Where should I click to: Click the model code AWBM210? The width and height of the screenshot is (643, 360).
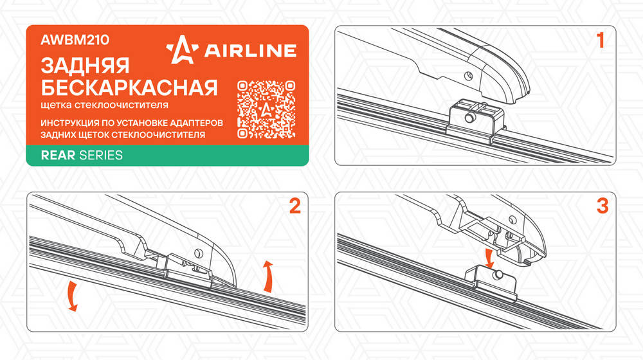pos(75,40)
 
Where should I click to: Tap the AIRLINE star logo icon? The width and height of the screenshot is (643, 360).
pos(183,50)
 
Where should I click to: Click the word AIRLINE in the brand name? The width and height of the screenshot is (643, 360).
pos(250,50)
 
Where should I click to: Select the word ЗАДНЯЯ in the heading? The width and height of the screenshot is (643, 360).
pos(85,66)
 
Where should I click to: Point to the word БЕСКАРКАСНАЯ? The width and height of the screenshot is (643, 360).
pos(129,87)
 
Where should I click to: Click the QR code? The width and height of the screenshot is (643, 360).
pos(266,109)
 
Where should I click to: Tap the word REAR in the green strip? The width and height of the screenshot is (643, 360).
pos(58,155)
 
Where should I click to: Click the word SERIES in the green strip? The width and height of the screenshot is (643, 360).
pos(101,155)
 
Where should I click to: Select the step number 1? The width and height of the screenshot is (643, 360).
pos(601,40)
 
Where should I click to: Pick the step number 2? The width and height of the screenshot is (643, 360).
pos(295,206)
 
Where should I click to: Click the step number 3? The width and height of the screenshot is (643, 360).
pos(602,206)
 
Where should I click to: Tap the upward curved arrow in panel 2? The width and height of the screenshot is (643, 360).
pos(268,276)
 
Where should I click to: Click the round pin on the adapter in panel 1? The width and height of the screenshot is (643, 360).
pos(469,118)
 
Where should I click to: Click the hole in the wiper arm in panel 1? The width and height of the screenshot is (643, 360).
pos(468,75)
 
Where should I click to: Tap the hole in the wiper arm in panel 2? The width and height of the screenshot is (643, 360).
pos(199,253)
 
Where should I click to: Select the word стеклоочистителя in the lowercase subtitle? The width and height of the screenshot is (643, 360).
pos(122,105)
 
